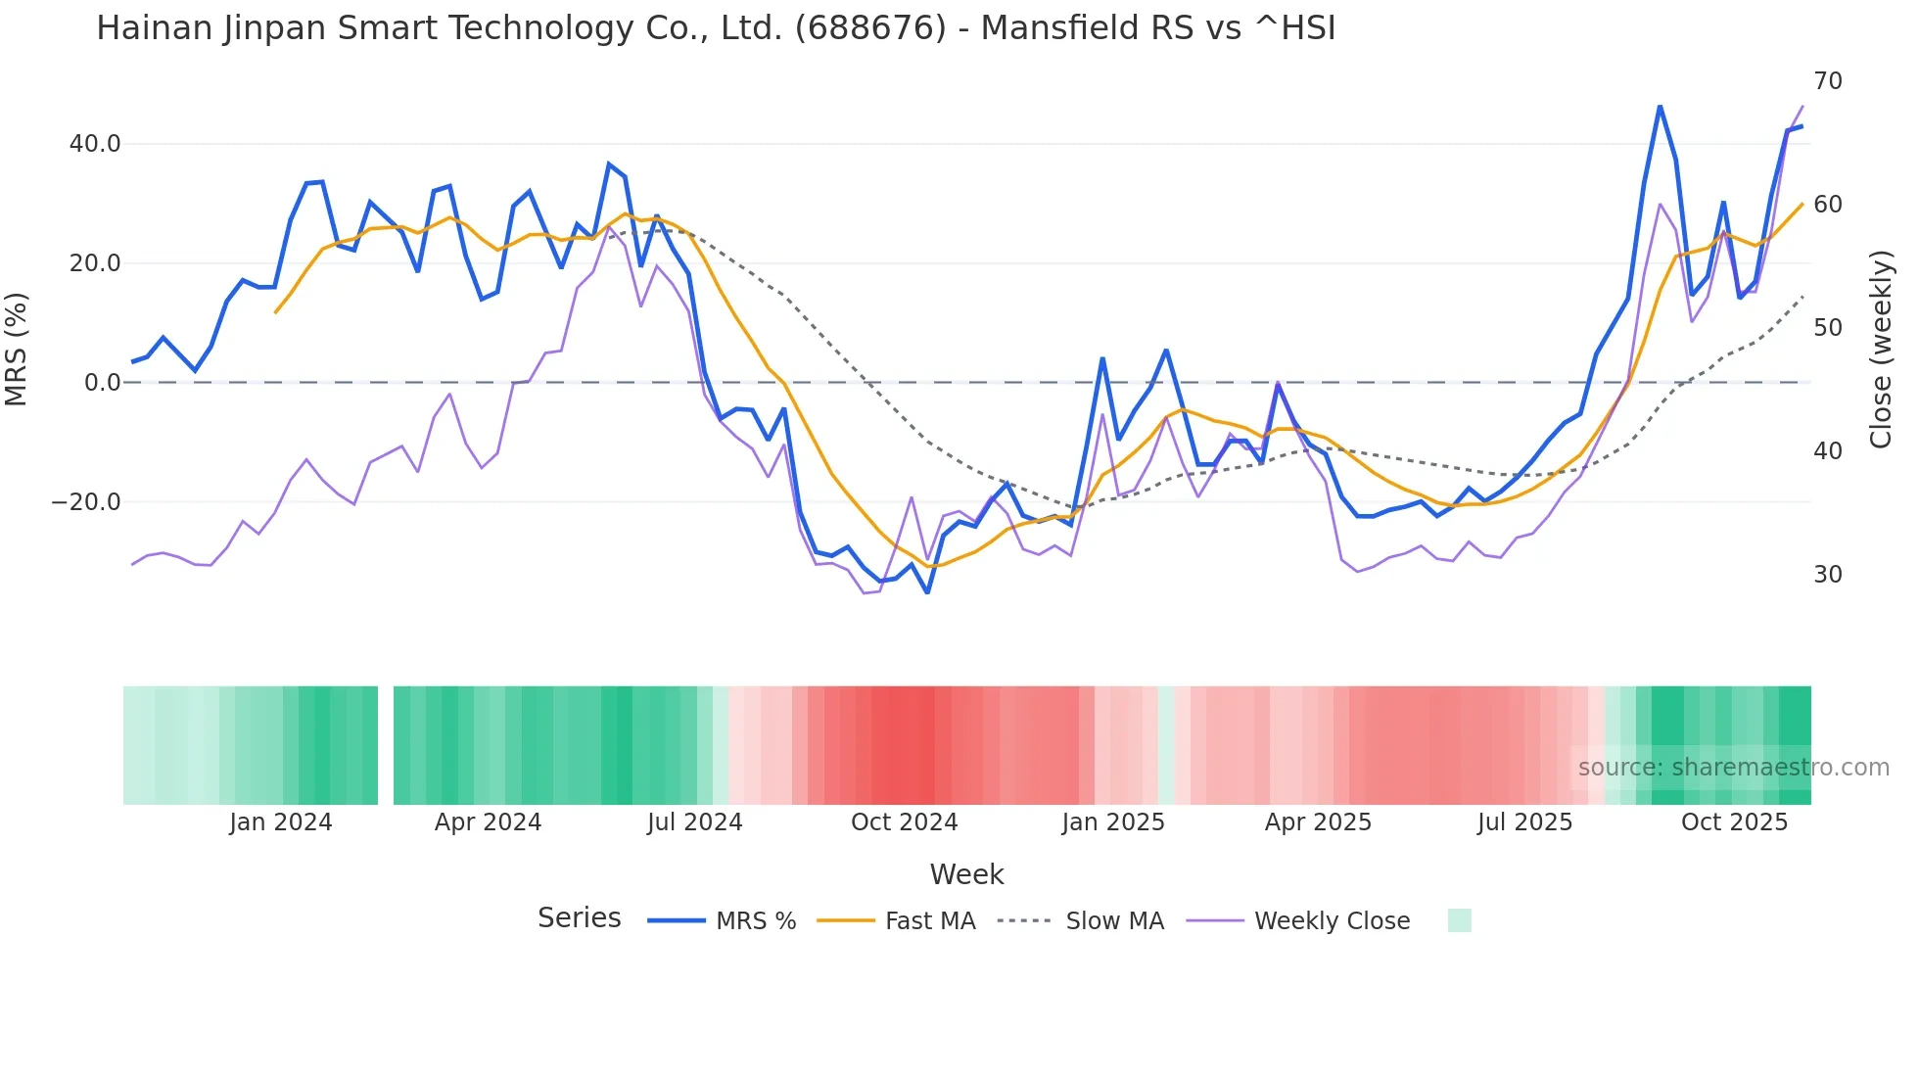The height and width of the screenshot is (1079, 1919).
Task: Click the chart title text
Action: tap(716, 28)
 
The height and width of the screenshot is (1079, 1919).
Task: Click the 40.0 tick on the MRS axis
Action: tap(95, 144)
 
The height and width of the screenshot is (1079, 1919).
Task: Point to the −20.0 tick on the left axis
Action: tap(86, 502)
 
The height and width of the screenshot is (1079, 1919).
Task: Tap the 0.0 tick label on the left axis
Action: tap(102, 383)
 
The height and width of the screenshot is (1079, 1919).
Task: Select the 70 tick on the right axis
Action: tap(1828, 81)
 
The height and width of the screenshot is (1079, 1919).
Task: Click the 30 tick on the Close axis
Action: tap(1828, 575)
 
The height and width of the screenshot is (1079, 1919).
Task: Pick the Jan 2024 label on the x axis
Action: tap(281, 822)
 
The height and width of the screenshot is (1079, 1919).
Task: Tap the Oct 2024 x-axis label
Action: tap(904, 822)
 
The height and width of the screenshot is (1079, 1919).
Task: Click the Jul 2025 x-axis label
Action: tap(1524, 822)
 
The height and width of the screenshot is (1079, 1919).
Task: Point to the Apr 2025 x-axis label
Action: tap(1318, 822)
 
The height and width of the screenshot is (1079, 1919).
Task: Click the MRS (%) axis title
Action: tap(17, 349)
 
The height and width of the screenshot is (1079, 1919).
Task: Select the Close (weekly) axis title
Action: tap(1881, 350)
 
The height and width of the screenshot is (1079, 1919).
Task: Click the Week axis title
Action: tap(966, 874)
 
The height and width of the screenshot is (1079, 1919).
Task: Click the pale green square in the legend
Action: tap(1459, 920)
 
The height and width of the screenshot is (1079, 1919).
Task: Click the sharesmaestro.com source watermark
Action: tap(1733, 768)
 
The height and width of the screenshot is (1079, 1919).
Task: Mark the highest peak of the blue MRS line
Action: tap(1660, 106)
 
